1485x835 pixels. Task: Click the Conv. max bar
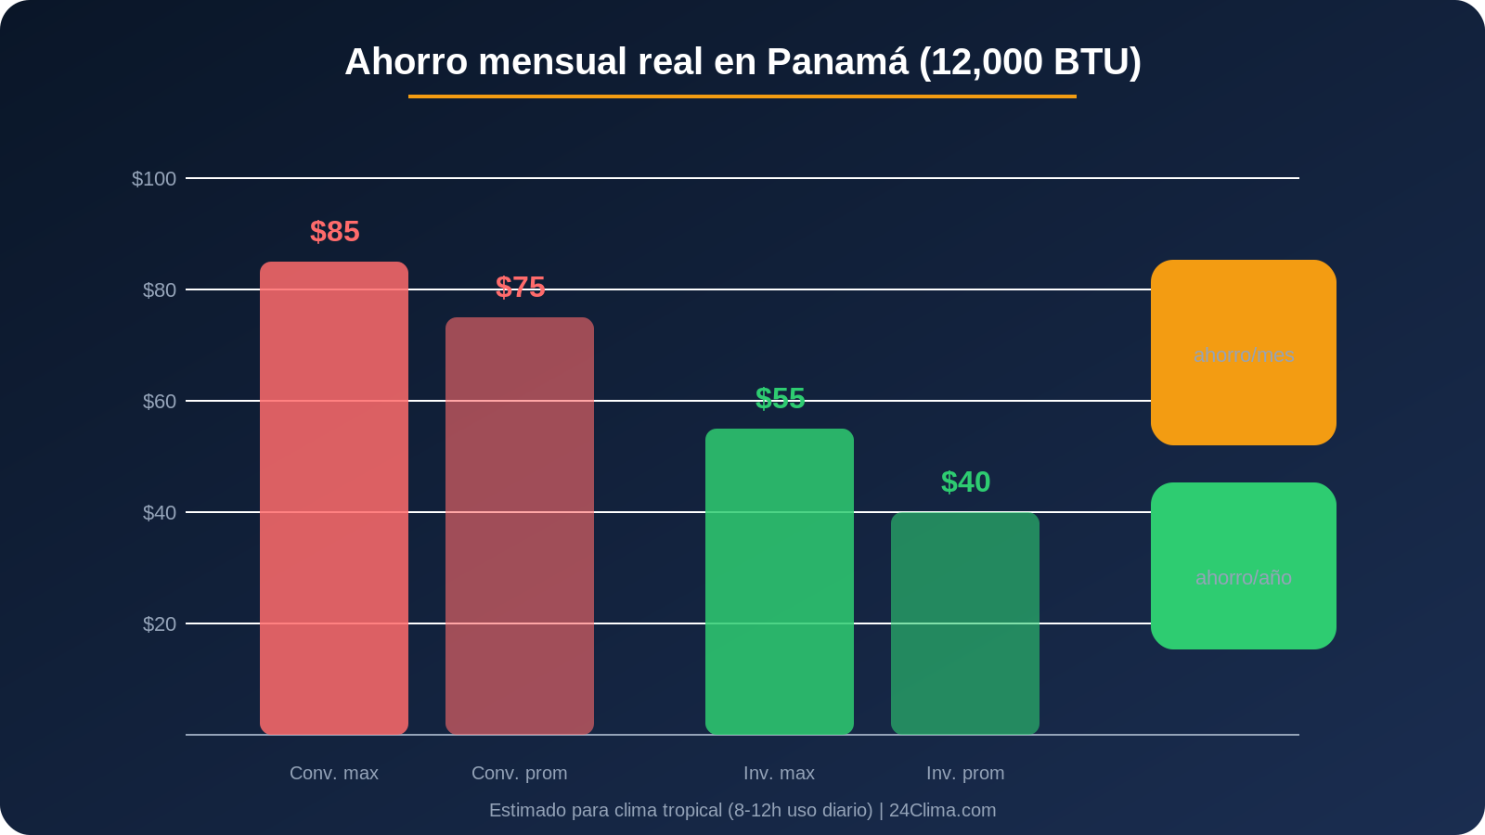334,498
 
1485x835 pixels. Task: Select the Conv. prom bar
520,526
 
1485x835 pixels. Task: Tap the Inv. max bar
780,582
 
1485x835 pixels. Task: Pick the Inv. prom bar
965,623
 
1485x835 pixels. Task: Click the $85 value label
334,232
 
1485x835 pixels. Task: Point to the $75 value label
520,288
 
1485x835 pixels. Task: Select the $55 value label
780,399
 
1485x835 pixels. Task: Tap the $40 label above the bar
965,482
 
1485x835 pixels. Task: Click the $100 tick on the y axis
154,179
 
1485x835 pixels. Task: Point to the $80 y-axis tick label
159,290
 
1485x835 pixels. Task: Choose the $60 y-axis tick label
159,402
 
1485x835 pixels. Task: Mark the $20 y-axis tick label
159,624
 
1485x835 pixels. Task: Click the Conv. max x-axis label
334,773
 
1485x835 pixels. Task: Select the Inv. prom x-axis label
965,773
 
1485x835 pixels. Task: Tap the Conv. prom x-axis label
520,773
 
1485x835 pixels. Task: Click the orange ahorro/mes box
1244,353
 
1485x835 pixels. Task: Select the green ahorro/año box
1244,566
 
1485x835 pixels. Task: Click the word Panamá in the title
836,62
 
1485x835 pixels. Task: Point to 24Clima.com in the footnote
942,810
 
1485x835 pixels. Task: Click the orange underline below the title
742,96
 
